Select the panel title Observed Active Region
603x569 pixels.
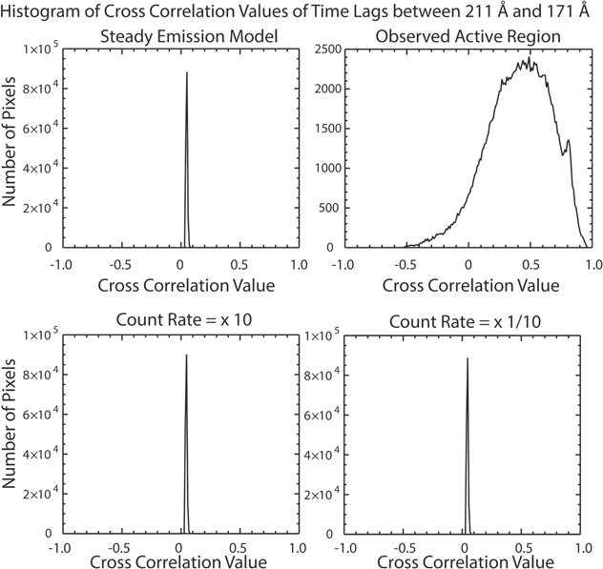pyautogui.click(x=468, y=37)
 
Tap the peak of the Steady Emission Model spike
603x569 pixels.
pyautogui.click(x=187, y=72)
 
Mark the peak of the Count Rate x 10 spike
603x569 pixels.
pyautogui.click(x=186, y=355)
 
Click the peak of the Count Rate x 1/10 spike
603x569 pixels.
pyautogui.click(x=468, y=358)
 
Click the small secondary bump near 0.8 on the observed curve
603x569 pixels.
pyautogui.click(x=569, y=140)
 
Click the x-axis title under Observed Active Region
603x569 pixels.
pyautogui.click(x=468, y=285)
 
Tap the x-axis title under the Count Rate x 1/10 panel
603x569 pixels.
pyautogui.click(x=468, y=562)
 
